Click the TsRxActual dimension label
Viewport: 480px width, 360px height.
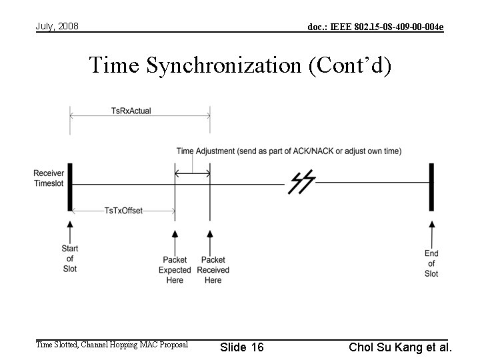click(131, 111)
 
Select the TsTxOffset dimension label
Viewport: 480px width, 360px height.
click(123, 211)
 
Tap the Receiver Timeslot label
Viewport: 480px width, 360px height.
click(49, 179)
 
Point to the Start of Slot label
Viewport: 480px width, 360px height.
click(69, 259)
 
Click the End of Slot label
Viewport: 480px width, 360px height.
click(431, 263)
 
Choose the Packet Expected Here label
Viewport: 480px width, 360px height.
click(175, 270)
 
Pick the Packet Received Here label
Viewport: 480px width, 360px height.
click(213, 270)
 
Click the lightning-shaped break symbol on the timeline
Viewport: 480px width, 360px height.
click(301, 181)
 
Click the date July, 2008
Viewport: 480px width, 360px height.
click(57, 26)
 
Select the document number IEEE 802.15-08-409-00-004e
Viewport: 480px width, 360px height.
click(375, 27)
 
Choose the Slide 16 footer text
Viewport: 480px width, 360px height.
click(242, 347)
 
